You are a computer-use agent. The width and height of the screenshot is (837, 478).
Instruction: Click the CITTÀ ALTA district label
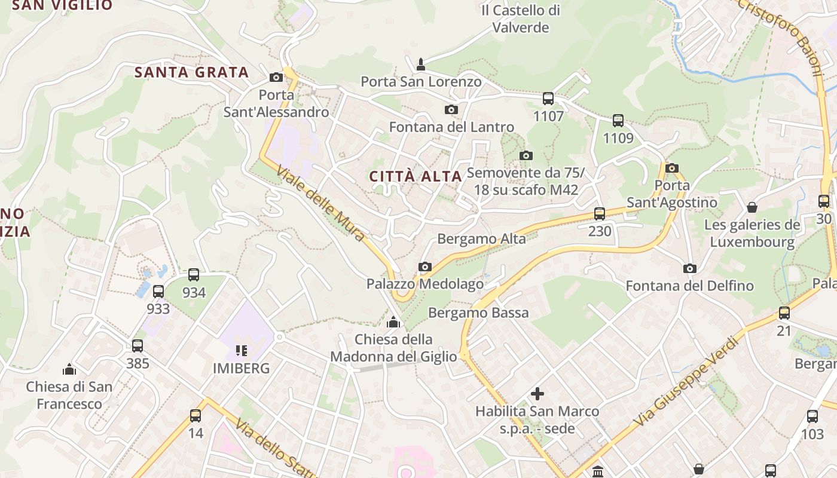pos(416,176)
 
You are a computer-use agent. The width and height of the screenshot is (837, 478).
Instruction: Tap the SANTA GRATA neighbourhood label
pos(191,73)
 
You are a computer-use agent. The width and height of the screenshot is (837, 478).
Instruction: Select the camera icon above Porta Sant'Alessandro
pos(276,77)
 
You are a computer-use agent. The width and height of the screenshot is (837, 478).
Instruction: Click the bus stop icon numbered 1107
pos(548,99)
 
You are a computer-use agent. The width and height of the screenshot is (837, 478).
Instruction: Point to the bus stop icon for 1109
pos(618,121)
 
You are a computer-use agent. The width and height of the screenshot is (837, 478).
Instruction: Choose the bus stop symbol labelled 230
pos(600,214)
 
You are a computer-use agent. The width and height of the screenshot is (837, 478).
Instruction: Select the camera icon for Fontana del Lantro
pos(451,109)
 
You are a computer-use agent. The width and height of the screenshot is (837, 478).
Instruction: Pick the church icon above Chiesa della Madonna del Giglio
pos(393,323)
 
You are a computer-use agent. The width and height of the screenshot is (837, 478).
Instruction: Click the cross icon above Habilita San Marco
pos(537,394)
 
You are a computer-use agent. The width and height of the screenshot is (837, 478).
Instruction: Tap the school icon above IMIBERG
pos(242,351)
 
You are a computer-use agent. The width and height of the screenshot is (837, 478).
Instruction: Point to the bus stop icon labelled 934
pos(194,275)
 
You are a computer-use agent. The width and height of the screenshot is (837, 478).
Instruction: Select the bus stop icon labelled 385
pos(138,345)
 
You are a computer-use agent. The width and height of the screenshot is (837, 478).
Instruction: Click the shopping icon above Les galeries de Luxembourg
pos(752,207)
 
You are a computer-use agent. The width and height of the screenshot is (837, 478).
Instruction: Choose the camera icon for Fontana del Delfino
pos(690,268)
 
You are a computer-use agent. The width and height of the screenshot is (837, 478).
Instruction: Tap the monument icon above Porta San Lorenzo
pos(421,64)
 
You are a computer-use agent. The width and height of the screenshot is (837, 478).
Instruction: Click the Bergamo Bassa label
pos(478,312)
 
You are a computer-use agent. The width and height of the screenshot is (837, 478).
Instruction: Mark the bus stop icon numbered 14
pos(195,416)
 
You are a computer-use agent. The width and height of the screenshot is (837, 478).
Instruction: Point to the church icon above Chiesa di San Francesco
pos(69,369)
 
